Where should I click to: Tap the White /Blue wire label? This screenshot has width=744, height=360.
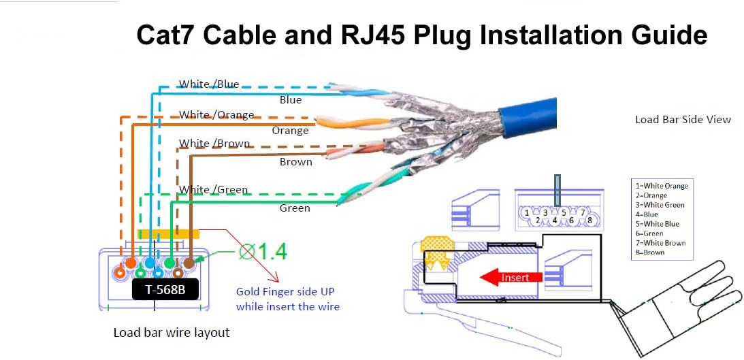208,84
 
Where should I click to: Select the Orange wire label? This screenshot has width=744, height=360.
291,131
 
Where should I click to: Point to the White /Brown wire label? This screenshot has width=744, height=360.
214,144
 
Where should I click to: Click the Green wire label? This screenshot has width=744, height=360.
295,208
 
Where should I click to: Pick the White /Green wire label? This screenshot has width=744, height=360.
213,190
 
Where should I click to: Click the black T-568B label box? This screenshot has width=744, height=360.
166,290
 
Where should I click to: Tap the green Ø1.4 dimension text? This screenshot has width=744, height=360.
263,252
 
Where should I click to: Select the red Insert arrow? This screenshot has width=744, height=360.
510,277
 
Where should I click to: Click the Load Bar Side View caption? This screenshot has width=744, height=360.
683,120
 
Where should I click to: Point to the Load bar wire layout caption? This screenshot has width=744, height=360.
171,333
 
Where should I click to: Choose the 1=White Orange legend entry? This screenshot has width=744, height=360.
662,186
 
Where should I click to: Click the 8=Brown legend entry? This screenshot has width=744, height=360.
650,252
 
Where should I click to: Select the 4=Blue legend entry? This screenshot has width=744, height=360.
647,214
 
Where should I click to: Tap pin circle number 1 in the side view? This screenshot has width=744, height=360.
528,213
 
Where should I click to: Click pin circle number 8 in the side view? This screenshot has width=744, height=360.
589,220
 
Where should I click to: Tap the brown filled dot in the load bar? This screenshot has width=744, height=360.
189,261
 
